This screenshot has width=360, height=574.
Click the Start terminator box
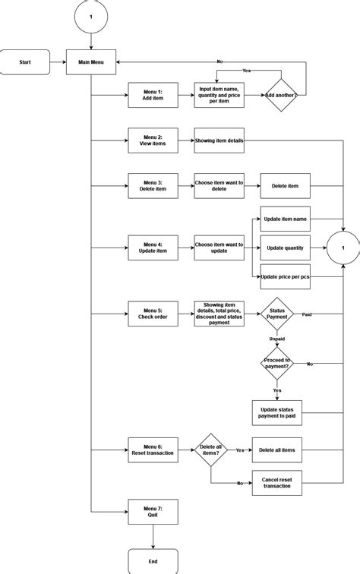pyautogui.click(x=25, y=62)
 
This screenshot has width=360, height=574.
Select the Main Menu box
pyautogui.click(x=90, y=62)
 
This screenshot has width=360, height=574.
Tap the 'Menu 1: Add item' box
pyautogui.click(x=153, y=96)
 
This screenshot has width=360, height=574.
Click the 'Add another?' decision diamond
pyautogui.click(x=281, y=96)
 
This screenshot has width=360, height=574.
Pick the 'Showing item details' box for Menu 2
pyautogui.click(x=219, y=140)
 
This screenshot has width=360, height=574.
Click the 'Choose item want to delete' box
pyautogui.click(x=219, y=185)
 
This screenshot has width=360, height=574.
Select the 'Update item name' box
pyautogui.click(x=285, y=219)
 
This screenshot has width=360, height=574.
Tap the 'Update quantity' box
pyautogui.click(x=285, y=248)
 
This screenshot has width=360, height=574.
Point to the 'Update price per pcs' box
pyautogui.click(x=285, y=277)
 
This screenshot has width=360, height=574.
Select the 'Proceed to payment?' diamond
pyautogui.click(x=276, y=364)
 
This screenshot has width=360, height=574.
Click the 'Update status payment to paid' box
pyautogui.click(x=276, y=412)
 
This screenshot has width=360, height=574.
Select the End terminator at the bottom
pyautogui.click(x=153, y=561)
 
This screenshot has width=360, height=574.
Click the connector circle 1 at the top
pyautogui.click(x=90, y=17)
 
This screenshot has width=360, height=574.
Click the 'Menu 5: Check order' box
pyautogui.click(x=153, y=314)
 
